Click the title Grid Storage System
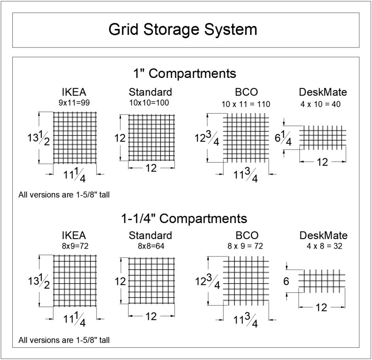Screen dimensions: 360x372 tap(183, 30)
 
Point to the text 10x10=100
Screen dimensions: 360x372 tap(150, 102)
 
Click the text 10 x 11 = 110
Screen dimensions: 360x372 tap(246, 104)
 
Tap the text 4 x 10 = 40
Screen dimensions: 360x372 tap(323, 104)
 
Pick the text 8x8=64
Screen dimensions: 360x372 tap(150, 246)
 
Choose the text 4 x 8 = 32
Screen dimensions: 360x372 tap(323, 246)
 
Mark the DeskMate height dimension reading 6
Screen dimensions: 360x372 tap(287, 282)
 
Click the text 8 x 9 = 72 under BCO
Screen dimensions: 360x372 tap(246, 246)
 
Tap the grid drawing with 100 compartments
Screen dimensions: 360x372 tap(152, 137)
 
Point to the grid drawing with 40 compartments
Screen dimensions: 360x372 tap(323, 138)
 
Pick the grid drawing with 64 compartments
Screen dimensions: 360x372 tap(152, 280)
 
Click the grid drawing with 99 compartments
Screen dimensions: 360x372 tap(75, 137)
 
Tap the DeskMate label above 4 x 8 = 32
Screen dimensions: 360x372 tap(323, 236)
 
